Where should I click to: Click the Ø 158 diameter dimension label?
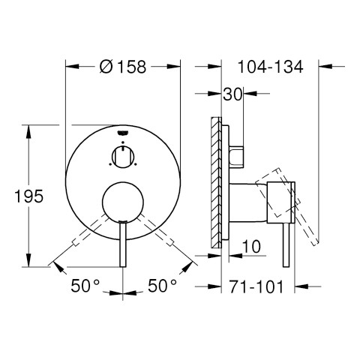pos(123,67)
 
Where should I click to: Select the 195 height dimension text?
pos(29,196)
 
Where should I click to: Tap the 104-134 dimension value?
pos(270,67)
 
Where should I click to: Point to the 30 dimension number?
pos(232,94)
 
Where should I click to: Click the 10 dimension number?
pos(251,246)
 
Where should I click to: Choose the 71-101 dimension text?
pos(256,286)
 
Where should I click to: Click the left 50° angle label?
pos(85,286)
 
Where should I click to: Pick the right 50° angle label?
pos(163,286)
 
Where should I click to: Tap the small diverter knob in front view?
pos(123,157)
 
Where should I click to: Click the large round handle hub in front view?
pos(123,202)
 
